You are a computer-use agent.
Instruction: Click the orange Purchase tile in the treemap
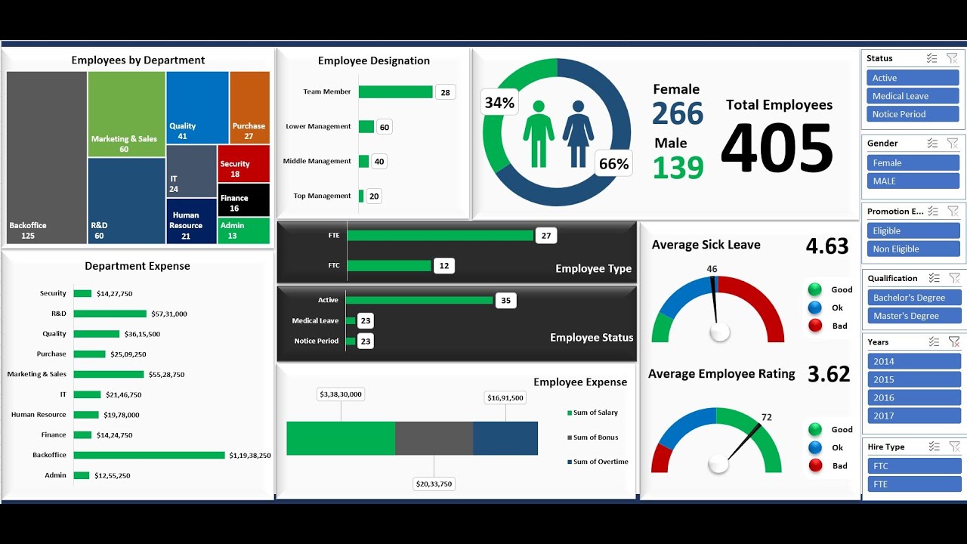click(x=249, y=107)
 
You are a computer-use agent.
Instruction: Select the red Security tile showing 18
click(x=243, y=164)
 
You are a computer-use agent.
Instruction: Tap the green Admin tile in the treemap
click(x=243, y=230)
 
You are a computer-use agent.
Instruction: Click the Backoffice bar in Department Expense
click(x=149, y=455)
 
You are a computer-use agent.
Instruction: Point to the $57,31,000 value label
click(x=169, y=314)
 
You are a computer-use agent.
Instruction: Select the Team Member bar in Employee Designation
click(x=395, y=92)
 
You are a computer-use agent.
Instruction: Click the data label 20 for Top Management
click(x=374, y=196)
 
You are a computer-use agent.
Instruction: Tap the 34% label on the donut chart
click(x=499, y=103)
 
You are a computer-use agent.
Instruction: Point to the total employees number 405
click(x=777, y=149)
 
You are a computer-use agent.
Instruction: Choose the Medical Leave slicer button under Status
click(x=913, y=96)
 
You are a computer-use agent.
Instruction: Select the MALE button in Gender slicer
click(x=913, y=181)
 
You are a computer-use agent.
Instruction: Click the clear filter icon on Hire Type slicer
click(x=954, y=447)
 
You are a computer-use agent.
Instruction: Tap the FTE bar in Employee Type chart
click(x=440, y=236)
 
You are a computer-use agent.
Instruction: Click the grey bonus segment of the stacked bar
click(x=434, y=438)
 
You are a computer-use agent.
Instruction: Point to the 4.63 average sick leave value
click(x=827, y=246)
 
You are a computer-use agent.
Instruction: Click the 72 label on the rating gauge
click(x=766, y=417)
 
